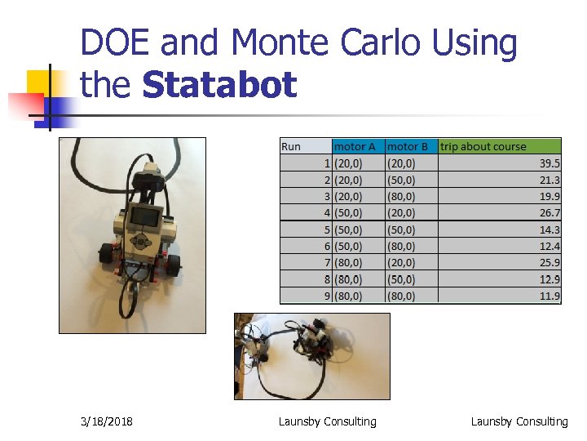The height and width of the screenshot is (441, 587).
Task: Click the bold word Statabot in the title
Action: coord(220,85)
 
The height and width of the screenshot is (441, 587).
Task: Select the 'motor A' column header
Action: coord(355,147)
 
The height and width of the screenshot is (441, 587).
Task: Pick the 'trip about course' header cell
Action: coord(483,147)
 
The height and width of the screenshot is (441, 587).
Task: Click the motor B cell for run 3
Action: coord(401,197)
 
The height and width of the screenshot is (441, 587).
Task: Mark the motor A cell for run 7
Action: coord(349,263)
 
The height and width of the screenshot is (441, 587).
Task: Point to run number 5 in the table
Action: coord(326,229)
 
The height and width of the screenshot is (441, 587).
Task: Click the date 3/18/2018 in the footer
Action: coord(108,421)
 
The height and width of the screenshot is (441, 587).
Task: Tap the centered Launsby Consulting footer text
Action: coord(328,421)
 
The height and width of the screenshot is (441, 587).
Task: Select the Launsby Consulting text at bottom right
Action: coord(519,421)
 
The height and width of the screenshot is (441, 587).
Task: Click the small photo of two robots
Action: coord(312,355)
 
